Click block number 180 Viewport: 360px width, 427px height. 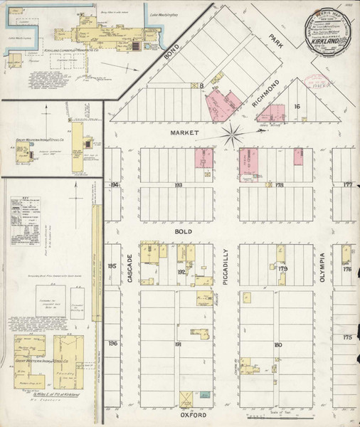pos(278,344)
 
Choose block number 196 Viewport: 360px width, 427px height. pos(112,343)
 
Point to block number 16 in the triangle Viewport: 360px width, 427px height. pos(298,106)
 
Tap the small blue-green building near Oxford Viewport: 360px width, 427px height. pos(205,394)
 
